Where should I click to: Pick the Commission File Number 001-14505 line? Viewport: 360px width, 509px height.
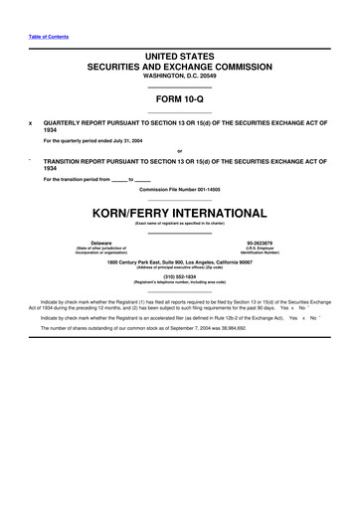pos(179,188)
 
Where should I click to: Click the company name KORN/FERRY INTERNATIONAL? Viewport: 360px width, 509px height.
pos(179,212)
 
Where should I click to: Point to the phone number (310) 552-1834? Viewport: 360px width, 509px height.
pos(179,276)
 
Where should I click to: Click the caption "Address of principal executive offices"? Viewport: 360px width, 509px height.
pos(179,266)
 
